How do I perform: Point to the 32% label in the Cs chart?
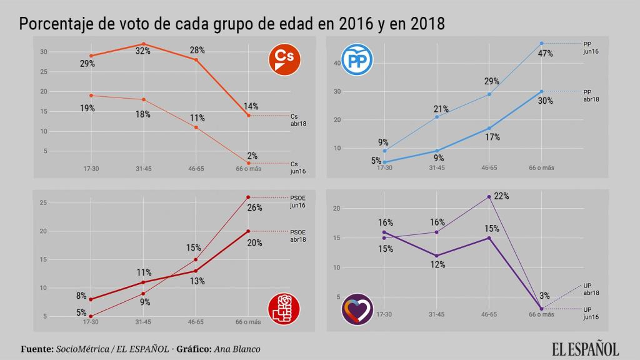(143, 51)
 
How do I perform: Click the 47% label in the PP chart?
(546, 53)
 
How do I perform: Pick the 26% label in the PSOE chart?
(254, 207)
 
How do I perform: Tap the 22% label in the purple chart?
(501, 196)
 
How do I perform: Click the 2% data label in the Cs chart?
(252, 156)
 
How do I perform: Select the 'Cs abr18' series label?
(298, 119)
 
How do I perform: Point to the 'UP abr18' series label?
(591, 289)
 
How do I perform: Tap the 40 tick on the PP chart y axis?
(336, 63)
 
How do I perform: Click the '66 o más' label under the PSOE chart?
(247, 322)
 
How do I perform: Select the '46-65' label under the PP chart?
(489, 167)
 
